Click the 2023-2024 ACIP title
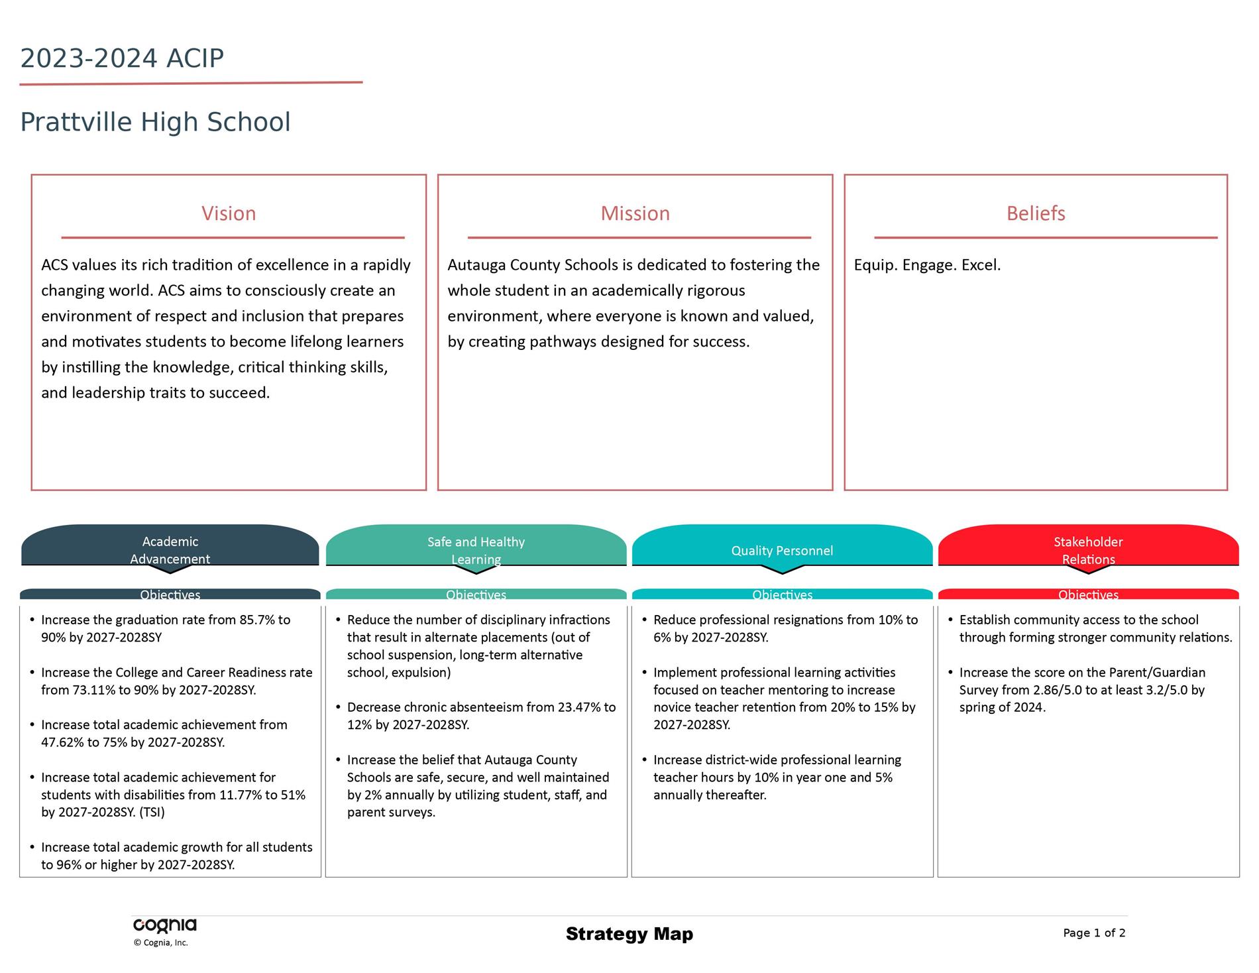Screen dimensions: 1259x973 [122, 58]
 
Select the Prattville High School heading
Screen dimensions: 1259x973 [155, 123]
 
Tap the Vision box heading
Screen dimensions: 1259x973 [229, 213]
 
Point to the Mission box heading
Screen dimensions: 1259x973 [635, 213]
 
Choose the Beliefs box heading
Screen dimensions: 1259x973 [1036, 213]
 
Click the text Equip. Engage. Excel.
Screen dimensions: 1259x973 [927, 265]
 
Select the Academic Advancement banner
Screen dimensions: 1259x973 [170, 545]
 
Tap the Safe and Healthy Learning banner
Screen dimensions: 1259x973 [476, 545]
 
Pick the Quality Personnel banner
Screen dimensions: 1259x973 [782, 545]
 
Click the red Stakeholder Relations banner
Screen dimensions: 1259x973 [1088, 545]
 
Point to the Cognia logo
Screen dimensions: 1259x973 [165, 926]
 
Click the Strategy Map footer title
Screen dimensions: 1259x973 [629, 934]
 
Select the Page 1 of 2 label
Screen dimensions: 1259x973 [1094, 933]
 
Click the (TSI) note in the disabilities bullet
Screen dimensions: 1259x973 [152, 813]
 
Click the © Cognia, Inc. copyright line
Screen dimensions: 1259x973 [160, 943]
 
